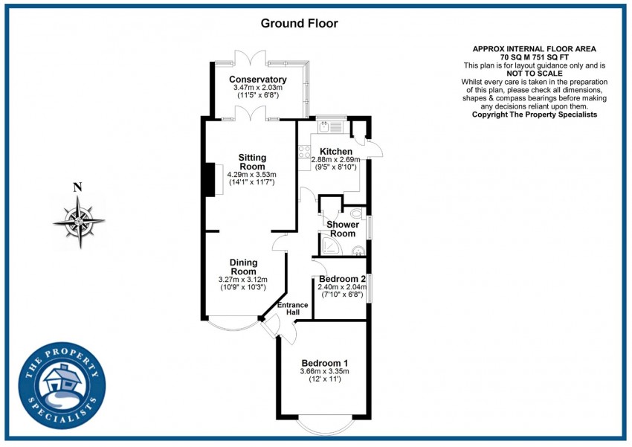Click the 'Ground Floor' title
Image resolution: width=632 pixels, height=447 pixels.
[299, 23]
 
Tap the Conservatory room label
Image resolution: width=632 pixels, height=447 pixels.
[257, 80]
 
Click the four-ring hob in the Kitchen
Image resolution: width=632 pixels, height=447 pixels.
[304, 152]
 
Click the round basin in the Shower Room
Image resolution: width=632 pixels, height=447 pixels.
[357, 250]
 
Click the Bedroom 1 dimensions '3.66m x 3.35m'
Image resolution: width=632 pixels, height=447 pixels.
[324, 371]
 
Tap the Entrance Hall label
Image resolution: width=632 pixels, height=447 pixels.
[288, 309]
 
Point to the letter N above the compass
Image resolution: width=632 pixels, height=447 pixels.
[77, 187]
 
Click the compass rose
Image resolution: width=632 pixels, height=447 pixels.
[78, 221]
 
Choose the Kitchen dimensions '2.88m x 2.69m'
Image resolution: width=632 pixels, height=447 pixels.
[335, 159]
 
